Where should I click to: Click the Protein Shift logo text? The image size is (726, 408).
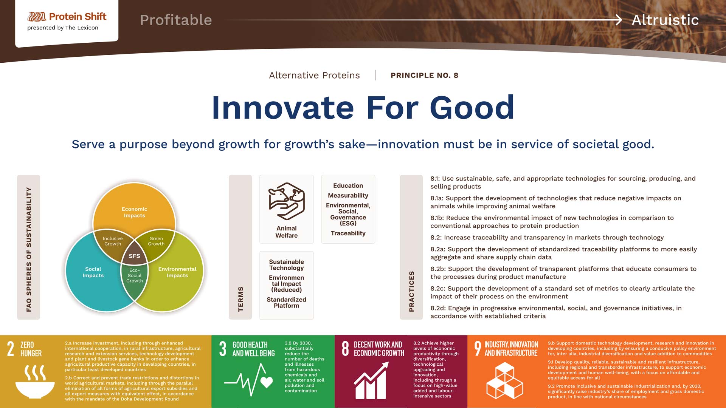(x=78, y=17)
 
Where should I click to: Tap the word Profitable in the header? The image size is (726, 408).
(x=176, y=20)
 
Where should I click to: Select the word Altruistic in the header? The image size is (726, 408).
(x=665, y=20)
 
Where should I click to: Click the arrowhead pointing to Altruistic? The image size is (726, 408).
(x=619, y=20)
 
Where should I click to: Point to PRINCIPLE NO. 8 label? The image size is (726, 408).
(x=424, y=75)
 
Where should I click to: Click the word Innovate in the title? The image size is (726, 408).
(x=283, y=108)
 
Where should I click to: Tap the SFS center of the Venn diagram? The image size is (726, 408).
(x=134, y=256)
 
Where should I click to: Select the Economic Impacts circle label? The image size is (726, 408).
(x=134, y=212)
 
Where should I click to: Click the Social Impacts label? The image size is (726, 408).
(x=93, y=272)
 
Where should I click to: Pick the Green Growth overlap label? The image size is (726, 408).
(x=156, y=241)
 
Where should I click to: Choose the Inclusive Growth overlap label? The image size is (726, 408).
(x=113, y=241)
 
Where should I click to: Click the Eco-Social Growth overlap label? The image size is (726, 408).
(x=135, y=275)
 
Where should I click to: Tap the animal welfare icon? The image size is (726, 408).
(x=287, y=201)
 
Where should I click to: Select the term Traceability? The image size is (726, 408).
(x=348, y=233)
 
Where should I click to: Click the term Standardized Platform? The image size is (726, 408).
(x=286, y=303)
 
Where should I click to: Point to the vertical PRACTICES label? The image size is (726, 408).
(x=411, y=291)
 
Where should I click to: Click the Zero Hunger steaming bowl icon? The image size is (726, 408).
(x=35, y=382)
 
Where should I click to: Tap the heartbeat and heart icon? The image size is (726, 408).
(x=248, y=379)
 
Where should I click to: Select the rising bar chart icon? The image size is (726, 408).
(x=371, y=380)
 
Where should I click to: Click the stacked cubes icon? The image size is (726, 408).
(x=504, y=381)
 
